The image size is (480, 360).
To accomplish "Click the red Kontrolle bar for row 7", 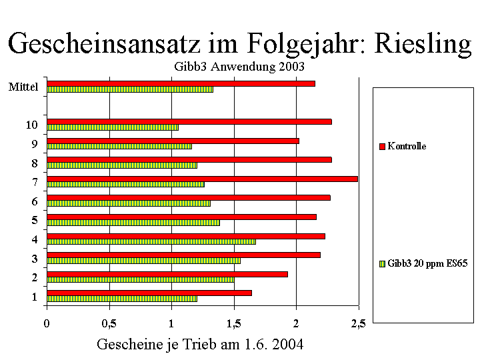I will [x=202, y=179].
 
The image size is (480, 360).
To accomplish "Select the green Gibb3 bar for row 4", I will [x=151, y=241].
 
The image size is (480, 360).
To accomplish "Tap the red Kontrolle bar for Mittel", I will [x=181, y=83].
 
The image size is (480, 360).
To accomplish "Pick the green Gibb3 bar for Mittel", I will [x=130, y=89].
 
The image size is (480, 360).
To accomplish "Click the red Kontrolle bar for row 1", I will [x=149, y=293].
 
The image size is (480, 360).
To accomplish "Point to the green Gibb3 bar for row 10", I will [x=113, y=127].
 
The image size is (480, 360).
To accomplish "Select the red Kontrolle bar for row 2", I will [x=167, y=274].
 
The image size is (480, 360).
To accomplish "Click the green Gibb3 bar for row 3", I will [x=143, y=261].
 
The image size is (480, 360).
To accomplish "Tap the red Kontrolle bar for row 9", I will [x=173, y=141].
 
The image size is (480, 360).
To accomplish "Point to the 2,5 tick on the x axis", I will [x=358, y=324].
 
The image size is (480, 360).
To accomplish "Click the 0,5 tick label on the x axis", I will [x=109, y=324].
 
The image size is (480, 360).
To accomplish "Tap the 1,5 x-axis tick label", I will [x=234, y=324].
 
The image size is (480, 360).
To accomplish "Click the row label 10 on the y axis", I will [x=31, y=125].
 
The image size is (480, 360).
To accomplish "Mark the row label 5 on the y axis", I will [x=34, y=220].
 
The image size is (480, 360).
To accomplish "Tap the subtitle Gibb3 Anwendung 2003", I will [x=239, y=67].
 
